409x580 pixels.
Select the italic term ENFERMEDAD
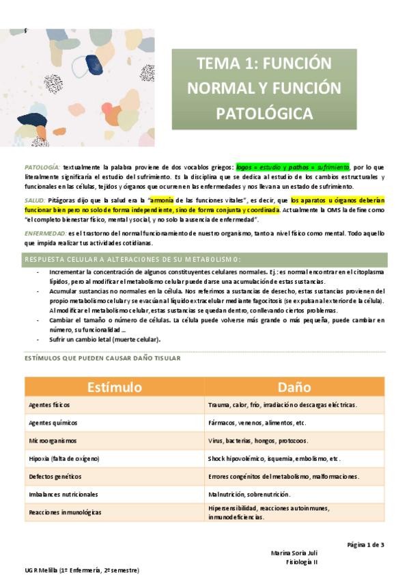pos(44,234)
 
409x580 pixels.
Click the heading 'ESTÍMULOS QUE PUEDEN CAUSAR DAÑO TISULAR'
pos(102,358)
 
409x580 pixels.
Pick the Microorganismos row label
pos(53,440)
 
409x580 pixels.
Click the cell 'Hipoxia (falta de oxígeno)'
pos(64,458)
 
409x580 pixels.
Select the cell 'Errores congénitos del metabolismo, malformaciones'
pos(283,476)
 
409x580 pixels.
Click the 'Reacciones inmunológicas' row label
pos(65,512)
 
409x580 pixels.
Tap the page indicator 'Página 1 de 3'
pos(365,544)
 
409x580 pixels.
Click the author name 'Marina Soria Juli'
pos(294,553)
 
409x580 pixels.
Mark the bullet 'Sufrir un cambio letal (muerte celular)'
pos(115,339)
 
